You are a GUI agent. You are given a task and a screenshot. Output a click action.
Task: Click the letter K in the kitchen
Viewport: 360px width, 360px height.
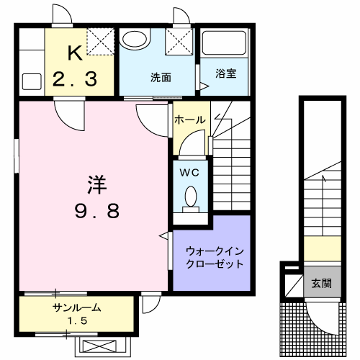(76, 53)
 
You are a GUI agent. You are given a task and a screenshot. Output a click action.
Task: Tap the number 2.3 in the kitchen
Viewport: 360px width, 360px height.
(75, 79)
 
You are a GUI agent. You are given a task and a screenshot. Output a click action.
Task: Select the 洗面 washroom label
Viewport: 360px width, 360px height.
(161, 77)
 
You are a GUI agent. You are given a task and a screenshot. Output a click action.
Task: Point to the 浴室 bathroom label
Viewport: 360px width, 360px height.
(225, 73)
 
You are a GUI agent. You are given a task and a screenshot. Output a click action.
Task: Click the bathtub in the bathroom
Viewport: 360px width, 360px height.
(224, 43)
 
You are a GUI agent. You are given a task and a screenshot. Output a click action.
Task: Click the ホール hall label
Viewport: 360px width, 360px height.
(190, 120)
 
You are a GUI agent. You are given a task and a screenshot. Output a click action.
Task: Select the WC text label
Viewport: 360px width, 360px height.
(189, 172)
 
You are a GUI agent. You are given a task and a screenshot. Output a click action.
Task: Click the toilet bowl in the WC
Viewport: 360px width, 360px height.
(191, 197)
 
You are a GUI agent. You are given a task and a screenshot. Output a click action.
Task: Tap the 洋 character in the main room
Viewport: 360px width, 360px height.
(97, 184)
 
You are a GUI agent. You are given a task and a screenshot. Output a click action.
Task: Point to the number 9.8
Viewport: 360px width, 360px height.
(97, 211)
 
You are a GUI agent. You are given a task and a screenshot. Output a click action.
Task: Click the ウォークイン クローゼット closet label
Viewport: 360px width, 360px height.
(215, 258)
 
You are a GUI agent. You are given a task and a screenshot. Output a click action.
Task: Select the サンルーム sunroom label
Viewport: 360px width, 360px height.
(76, 307)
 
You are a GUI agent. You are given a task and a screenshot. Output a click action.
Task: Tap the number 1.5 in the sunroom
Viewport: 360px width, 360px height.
(77, 320)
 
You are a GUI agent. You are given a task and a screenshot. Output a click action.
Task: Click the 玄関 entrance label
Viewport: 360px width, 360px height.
(322, 284)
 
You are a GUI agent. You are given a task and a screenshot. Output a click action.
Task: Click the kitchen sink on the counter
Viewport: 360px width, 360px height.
(32, 82)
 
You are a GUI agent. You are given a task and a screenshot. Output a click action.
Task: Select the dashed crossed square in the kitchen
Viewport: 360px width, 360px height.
(100, 42)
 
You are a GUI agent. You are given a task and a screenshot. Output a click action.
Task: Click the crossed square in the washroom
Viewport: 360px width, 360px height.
(179, 42)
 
